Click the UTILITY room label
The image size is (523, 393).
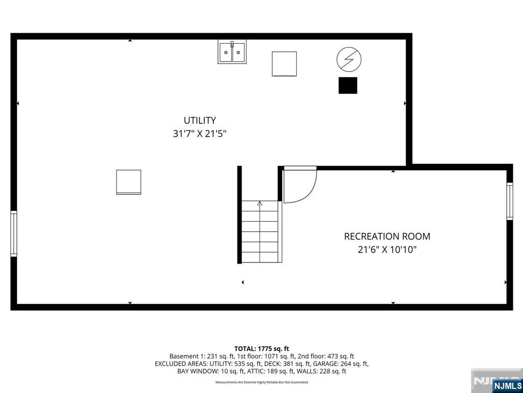coord(200,121)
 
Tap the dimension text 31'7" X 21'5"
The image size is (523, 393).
coord(200,134)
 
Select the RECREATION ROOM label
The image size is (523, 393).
coord(387,236)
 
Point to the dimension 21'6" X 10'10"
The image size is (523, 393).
coord(387,250)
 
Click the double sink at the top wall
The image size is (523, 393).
coord(231,52)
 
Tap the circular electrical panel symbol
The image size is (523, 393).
coord(349,60)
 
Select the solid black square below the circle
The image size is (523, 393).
coord(348,85)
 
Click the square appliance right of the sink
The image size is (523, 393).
coord(284,64)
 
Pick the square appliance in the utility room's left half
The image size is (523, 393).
coord(129,182)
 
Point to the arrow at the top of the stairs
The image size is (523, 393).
coord(259,204)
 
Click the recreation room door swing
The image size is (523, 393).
coord(299,184)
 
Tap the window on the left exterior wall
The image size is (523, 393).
coord(14,234)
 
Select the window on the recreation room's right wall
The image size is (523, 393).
coord(509,201)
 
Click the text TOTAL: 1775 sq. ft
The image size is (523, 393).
coord(261,348)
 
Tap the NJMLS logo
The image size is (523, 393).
coord(507,385)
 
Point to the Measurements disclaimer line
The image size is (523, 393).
coord(261,382)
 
